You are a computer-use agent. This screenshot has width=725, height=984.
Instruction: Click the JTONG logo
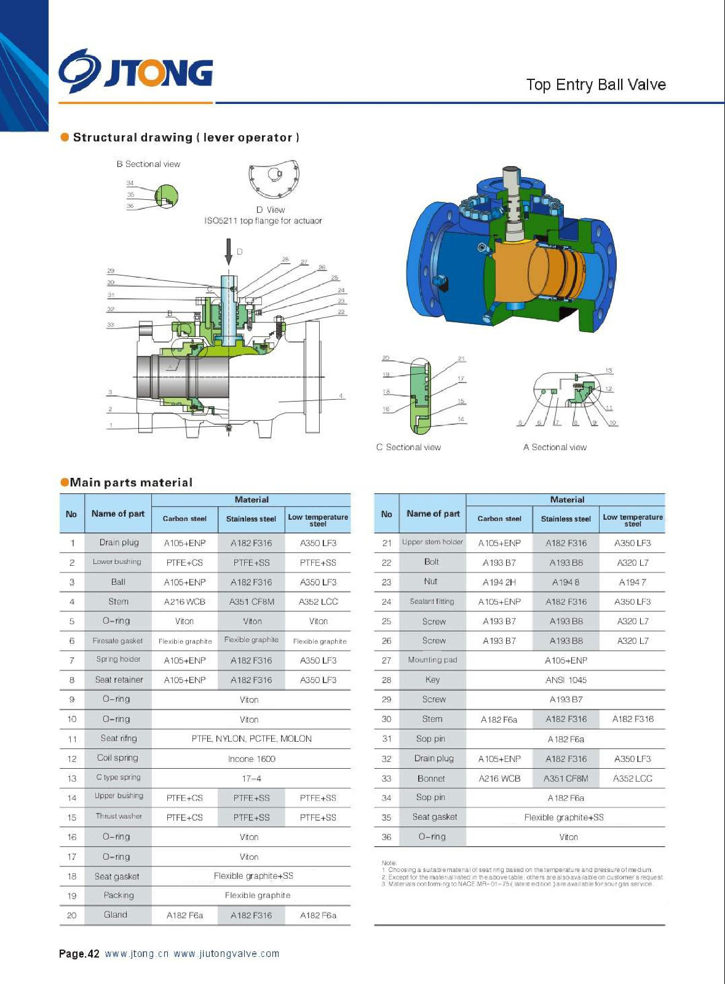pyautogui.click(x=136, y=71)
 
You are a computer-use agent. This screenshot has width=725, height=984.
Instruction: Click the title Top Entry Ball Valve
pyautogui.click(x=595, y=85)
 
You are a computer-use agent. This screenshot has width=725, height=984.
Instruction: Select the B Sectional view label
pyautogui.click(x=148, y=164)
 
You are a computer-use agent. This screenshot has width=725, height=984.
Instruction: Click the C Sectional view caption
pyautogui.click(x=408, y=447)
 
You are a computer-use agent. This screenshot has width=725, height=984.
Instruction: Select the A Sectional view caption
pyautogui.click(x=555, y=447)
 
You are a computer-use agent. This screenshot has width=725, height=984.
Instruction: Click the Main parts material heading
pyautogui.click(x=130, y=483)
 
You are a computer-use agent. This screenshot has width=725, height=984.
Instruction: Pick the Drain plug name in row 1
pyautogui.click(x=119, y=542)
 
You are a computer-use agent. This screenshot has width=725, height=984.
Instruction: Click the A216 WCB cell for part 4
pyautogui.click(x=184, y=601)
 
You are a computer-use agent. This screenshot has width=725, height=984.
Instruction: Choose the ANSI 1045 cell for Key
pyautogui.click(x=566, y=680)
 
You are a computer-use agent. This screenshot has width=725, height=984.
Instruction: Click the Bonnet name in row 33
pyautogui.click(x=431, y=779)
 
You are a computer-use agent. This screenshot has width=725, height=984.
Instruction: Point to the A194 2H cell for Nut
pyautogui.click(x=499, y=582)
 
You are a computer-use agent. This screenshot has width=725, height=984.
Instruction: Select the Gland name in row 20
pyautogui.click(x=116, y=915)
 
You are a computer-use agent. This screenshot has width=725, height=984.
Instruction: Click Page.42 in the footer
pyautogui.click(x=79, y=954)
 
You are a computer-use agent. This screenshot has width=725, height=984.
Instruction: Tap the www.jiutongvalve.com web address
pyautogui.click(x=226, y=954)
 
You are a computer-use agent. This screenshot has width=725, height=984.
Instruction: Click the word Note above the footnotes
pyautogui.click(x=389, y=863)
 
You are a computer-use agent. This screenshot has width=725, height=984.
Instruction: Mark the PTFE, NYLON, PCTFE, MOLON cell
pyautogui.click(x=251, y=739)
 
